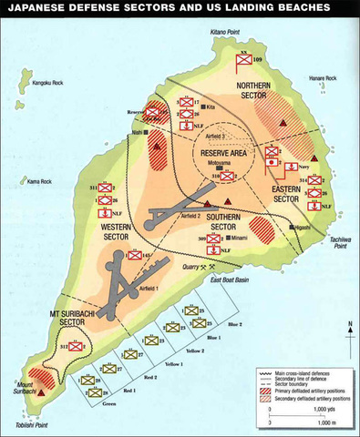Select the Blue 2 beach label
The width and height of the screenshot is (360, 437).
click(234, 324)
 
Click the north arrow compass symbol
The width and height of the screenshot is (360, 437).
click(350, 334)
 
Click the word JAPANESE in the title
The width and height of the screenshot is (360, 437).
click(36, 9)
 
